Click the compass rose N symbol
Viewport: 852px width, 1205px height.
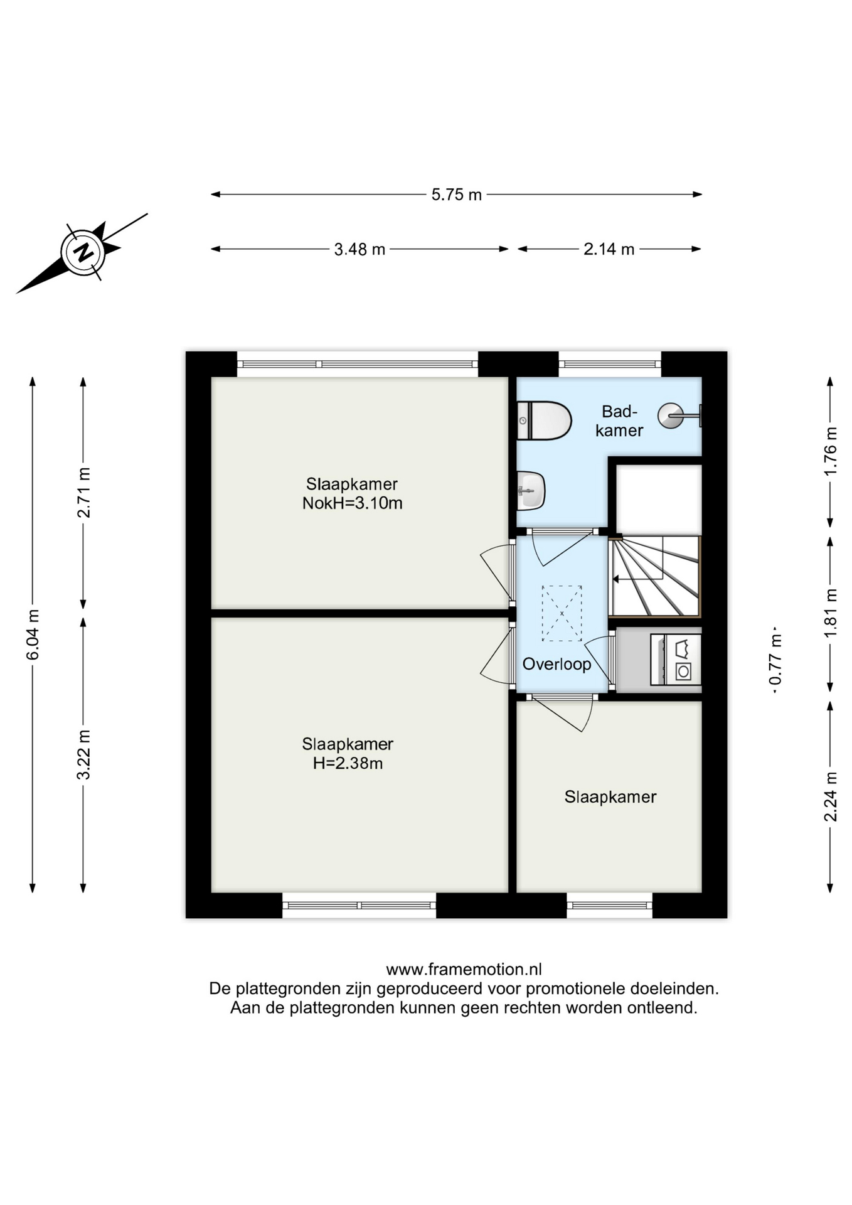[x=82, y=253]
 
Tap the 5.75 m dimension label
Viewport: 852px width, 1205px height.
[x=456, y=195]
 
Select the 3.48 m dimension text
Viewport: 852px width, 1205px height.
[x=359, y=249]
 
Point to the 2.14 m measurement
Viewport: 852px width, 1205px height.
[x=609, y=249]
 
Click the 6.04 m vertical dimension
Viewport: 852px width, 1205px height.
[x=33, y=634]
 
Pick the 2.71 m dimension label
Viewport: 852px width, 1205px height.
[x=83, y=493]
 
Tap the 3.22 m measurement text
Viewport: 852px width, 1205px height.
[x=83, y=754]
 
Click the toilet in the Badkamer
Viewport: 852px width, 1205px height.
[x=544, y=420]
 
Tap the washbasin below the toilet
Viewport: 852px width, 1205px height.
[x=531, y=490]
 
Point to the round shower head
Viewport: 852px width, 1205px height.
[x=670, y=415]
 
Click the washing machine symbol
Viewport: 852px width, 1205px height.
[x=676, y=660]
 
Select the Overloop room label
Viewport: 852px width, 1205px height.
[x=556, y=664]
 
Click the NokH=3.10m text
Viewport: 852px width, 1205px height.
[x=352, y=503]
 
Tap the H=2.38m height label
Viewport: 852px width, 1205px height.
[x=348, y=763]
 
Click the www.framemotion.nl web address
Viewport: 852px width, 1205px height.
[x=464, y=969]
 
